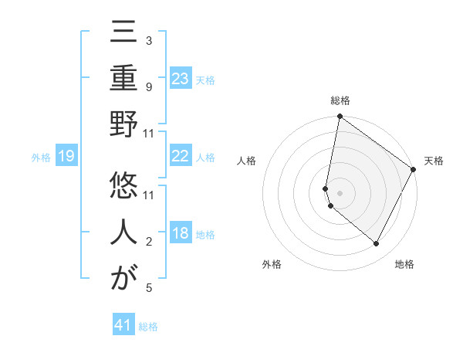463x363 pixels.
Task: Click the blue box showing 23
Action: (x=180, y=78)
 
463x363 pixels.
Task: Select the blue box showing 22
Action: (x=180, y=156)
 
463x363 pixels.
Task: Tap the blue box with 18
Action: (x=180, y=233)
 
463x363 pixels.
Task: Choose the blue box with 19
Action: (x=66, y=157)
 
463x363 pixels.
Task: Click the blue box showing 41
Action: (x=123, y=325)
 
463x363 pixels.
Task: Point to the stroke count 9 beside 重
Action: (x=148, y=87)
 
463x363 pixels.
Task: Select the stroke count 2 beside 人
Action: (x=148, y=242)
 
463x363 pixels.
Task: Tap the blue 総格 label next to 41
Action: (x=148, y=327)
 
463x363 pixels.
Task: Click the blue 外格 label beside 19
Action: (x=41, y=158)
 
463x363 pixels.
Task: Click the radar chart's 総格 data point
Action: (x=340, y=117)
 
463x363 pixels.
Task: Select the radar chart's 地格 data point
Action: (x=376, y=244)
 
